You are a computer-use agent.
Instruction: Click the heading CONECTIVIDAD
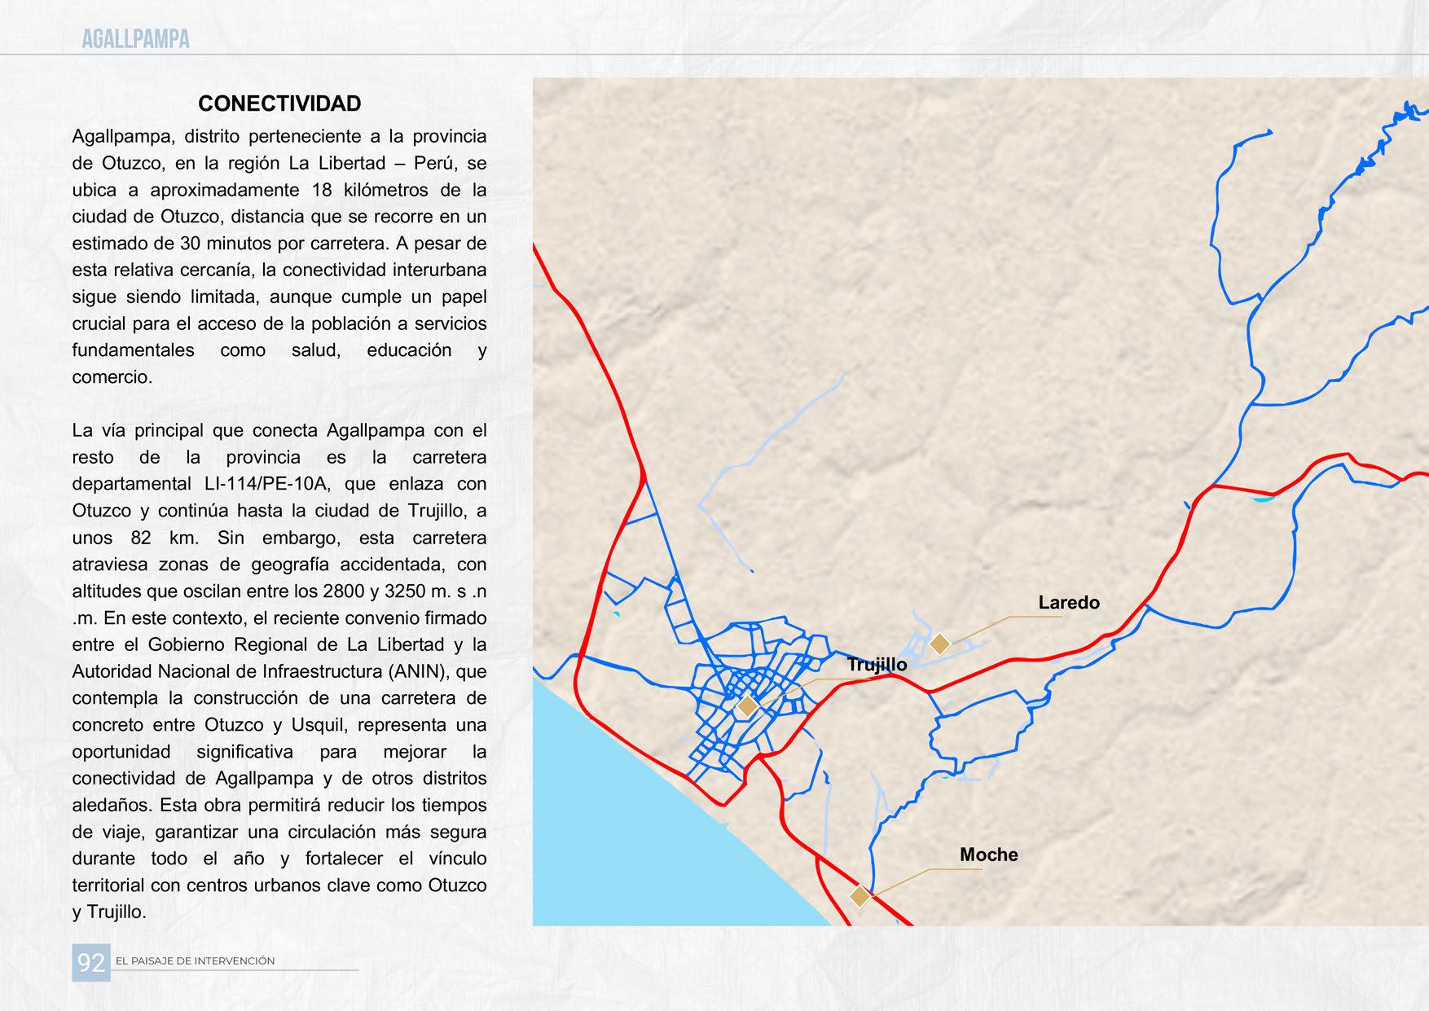pos(279,103)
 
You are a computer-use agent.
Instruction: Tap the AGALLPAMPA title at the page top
pos(135,38)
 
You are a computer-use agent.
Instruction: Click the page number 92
pos(90,963)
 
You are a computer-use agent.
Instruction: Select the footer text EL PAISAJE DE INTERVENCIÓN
pos(196,961)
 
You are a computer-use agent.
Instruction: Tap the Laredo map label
pos(1068,603)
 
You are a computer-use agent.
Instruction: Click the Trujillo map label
pos(877,665)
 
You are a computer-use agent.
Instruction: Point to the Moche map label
pos(988,855)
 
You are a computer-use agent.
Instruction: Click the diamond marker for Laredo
pos(939,644)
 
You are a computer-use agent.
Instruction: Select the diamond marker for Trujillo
pos(746,706)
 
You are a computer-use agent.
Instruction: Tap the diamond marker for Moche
pos(860,896)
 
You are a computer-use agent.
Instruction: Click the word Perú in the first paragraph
pos(437,163)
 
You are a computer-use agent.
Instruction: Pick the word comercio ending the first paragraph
pos(111,377)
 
